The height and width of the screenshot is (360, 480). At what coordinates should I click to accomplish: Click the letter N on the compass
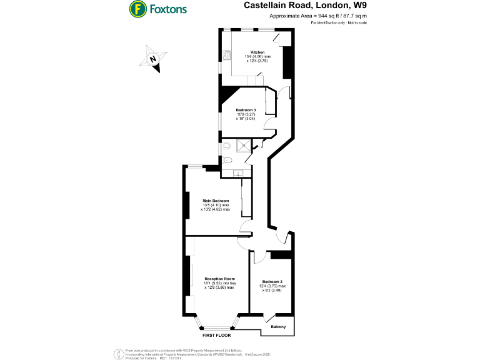pos(153,60)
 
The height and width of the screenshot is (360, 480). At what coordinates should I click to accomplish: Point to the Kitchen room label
pos(257,52)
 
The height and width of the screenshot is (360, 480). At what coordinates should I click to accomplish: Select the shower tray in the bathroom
pos(244,146)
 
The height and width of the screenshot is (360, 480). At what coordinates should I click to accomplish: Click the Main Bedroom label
pos(216,201)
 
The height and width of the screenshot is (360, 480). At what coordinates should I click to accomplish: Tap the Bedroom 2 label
pos(273,282)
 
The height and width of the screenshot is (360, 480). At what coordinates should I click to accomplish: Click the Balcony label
pos(279,327)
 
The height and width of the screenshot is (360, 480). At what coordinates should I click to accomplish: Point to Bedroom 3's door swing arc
pos(269,123)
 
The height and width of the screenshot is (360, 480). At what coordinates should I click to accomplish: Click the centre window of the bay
pos(217,328)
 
